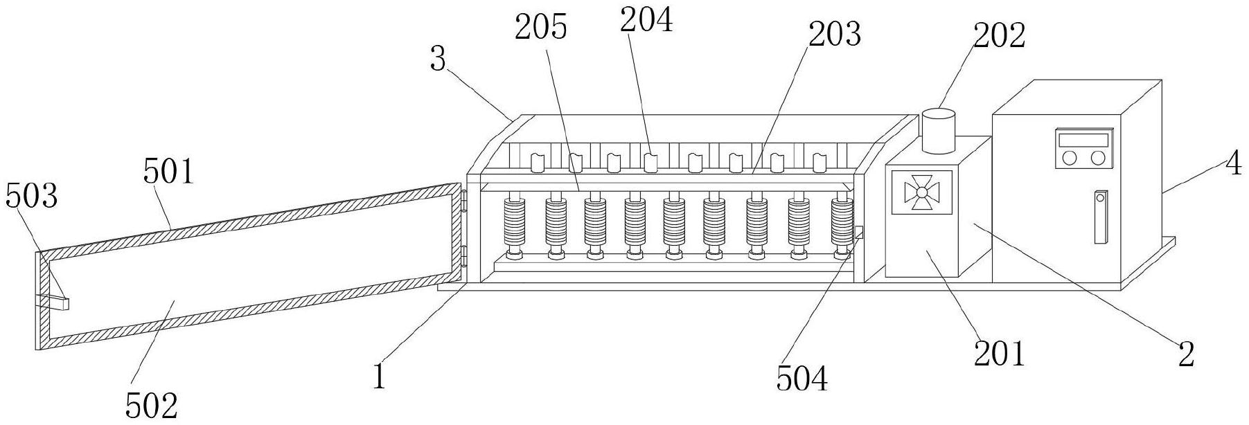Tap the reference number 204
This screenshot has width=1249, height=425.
pos(646,21)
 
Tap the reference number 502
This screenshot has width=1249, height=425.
pos(152,405)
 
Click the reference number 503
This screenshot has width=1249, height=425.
pos(31,198)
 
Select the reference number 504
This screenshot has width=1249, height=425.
pos(801,379)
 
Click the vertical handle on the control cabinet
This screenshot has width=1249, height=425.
pos(1100,217)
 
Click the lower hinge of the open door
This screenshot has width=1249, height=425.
pos(464,255)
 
